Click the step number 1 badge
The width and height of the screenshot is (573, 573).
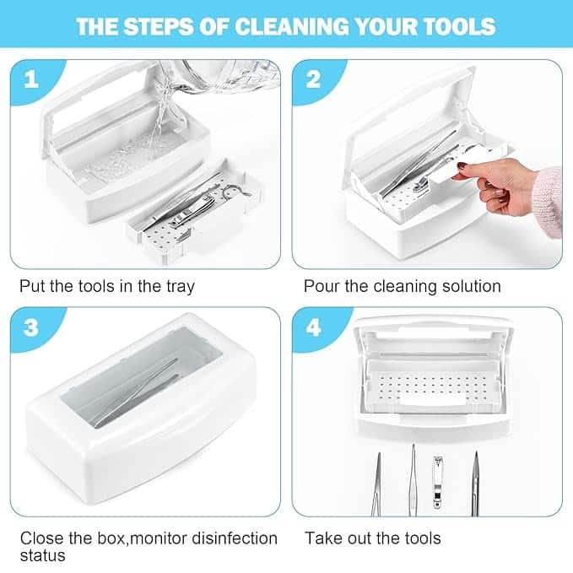point(31,78)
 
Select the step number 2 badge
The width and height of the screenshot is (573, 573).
point(314,78)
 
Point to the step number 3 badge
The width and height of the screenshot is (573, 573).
point(31,327)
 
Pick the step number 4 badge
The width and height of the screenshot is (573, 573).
point(314,327)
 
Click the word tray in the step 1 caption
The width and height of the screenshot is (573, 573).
point(181,287)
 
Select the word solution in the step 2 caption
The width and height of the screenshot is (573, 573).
point(472,286)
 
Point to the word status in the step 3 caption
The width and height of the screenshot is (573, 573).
point(43,556)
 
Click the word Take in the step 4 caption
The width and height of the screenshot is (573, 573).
point(322,538)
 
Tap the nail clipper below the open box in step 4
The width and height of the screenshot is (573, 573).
point(438,482)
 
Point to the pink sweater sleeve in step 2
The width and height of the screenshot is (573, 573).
point(550,201)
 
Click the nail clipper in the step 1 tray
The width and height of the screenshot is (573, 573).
point(190,213)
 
